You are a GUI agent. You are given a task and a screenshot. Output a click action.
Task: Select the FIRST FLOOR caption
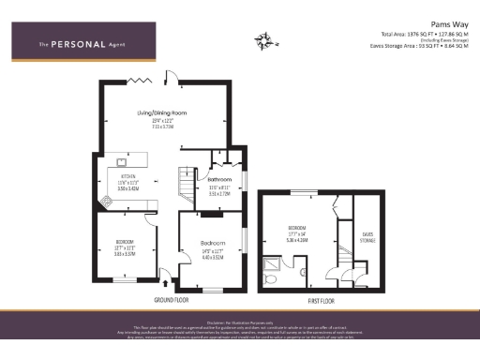[322, 300]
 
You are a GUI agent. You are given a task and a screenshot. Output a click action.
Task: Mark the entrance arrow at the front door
[167, 278]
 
